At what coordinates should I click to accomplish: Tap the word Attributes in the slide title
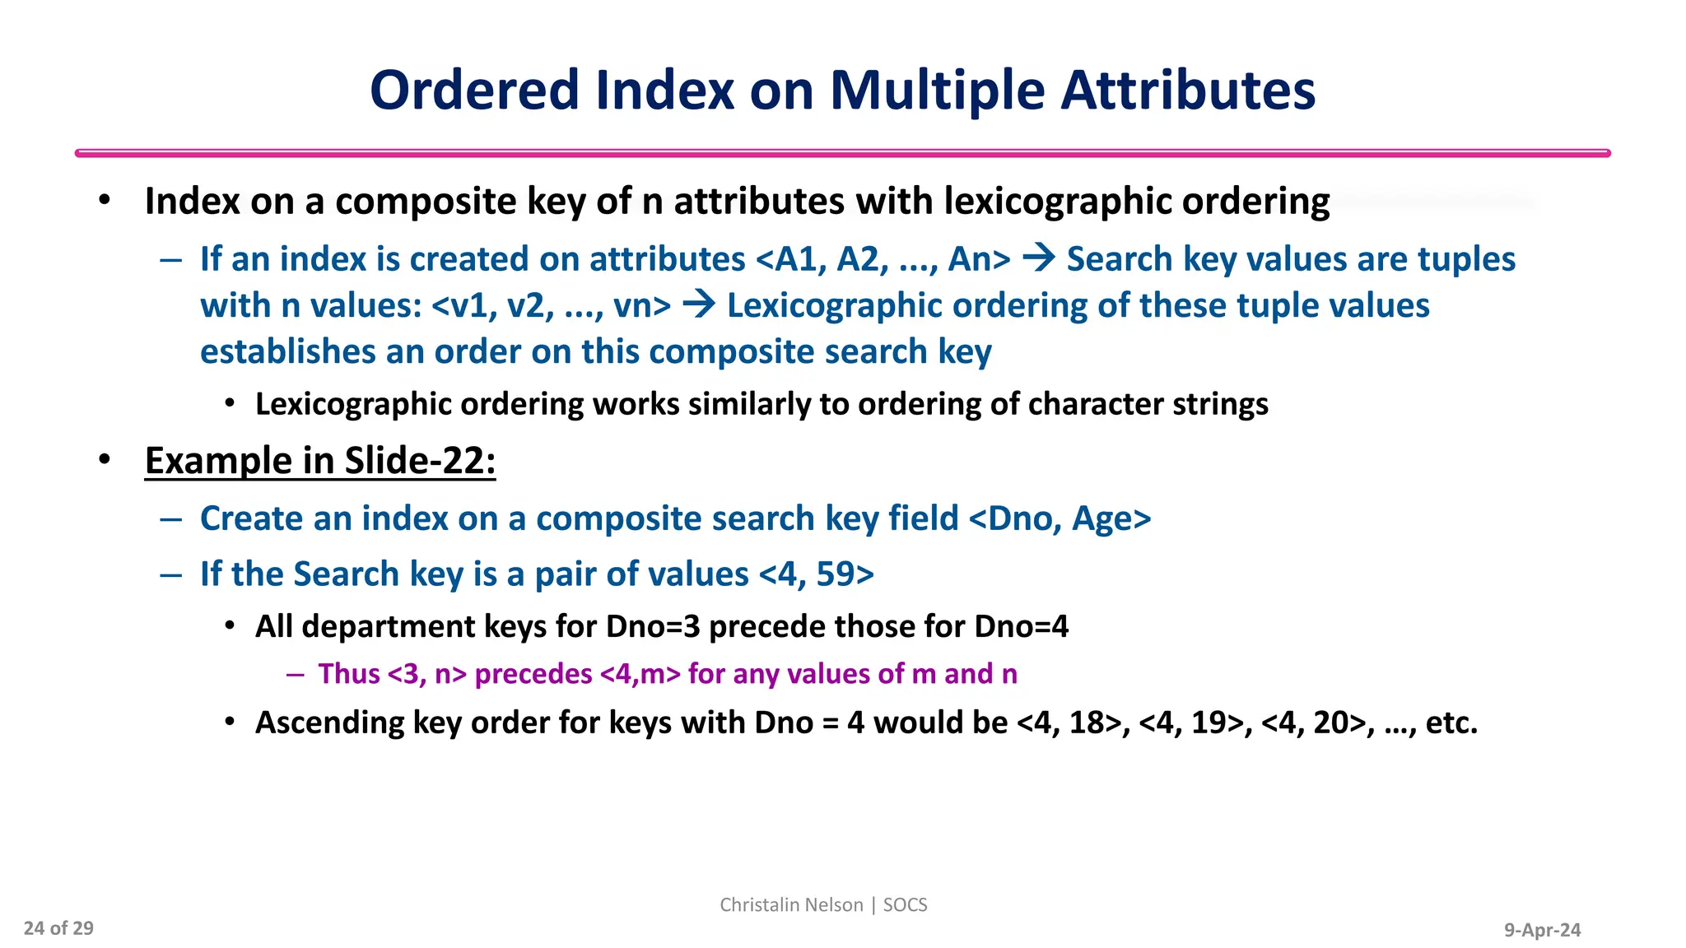(1188, 91)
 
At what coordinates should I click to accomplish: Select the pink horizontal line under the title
(842, 153)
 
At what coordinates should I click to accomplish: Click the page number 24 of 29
(58, 928)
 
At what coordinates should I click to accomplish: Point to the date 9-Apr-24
(1542, 930)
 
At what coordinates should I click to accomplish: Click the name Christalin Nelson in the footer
(791, 904)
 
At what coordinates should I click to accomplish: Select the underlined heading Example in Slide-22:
(320, 461)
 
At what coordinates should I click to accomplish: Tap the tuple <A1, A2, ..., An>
(883, 259)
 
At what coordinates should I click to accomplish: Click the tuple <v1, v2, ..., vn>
(551, 306)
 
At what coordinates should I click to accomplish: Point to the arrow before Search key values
(1038, 258)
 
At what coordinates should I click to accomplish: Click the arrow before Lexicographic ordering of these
(699, 305)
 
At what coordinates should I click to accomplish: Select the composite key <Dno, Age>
(1060, 518)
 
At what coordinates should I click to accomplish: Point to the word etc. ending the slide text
(1451, 723)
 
